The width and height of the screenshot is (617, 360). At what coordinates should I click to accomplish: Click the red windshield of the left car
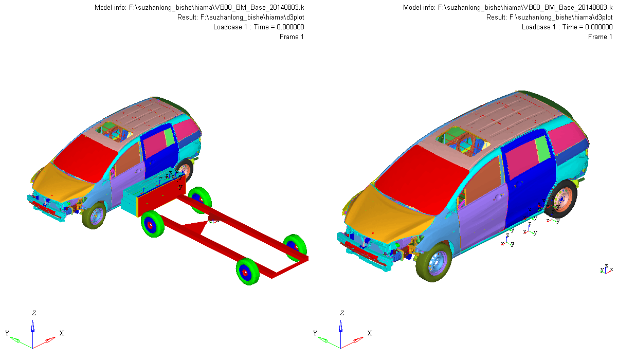click(x=84, y=158)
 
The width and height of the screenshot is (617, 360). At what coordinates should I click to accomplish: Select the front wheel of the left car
click(x=94, y=215)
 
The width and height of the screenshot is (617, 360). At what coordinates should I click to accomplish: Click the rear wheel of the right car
click(x=560, y=199)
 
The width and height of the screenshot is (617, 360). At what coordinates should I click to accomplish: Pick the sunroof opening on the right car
click(x=463, y=142)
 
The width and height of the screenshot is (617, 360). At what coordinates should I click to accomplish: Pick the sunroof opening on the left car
click(x=114, y=132)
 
